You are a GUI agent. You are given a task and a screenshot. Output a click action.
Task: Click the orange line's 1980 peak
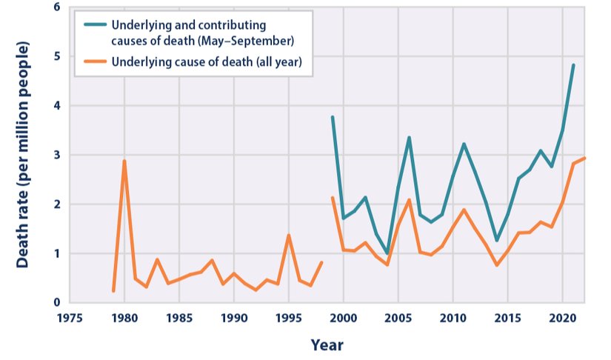pos(124,161)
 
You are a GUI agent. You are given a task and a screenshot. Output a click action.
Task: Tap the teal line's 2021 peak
pos(573,65)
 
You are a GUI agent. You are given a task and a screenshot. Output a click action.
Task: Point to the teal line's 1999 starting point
pos(332,117)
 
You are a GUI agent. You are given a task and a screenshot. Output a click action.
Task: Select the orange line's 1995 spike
pos(288,236)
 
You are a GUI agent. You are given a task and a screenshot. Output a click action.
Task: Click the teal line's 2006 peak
pos(409,137)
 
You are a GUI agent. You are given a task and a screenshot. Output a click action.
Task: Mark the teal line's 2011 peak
pos(464,144)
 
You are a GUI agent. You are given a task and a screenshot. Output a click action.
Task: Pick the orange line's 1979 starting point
pos(113,290)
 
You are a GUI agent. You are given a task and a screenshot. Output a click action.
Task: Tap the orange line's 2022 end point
pos(584,158)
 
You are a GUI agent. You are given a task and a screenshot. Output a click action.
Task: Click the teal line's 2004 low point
pos(387,253)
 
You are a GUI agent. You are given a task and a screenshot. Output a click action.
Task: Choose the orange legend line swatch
pos(93,61)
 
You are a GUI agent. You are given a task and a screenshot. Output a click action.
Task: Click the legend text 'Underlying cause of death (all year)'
pos(207,61)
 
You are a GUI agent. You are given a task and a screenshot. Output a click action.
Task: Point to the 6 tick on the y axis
pos(56,7)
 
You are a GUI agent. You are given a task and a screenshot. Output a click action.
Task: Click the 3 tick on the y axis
pos(56,155)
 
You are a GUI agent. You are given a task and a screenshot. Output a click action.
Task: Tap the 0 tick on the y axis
pos(56,302)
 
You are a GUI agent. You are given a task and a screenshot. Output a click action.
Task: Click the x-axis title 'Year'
pos(327,344)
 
